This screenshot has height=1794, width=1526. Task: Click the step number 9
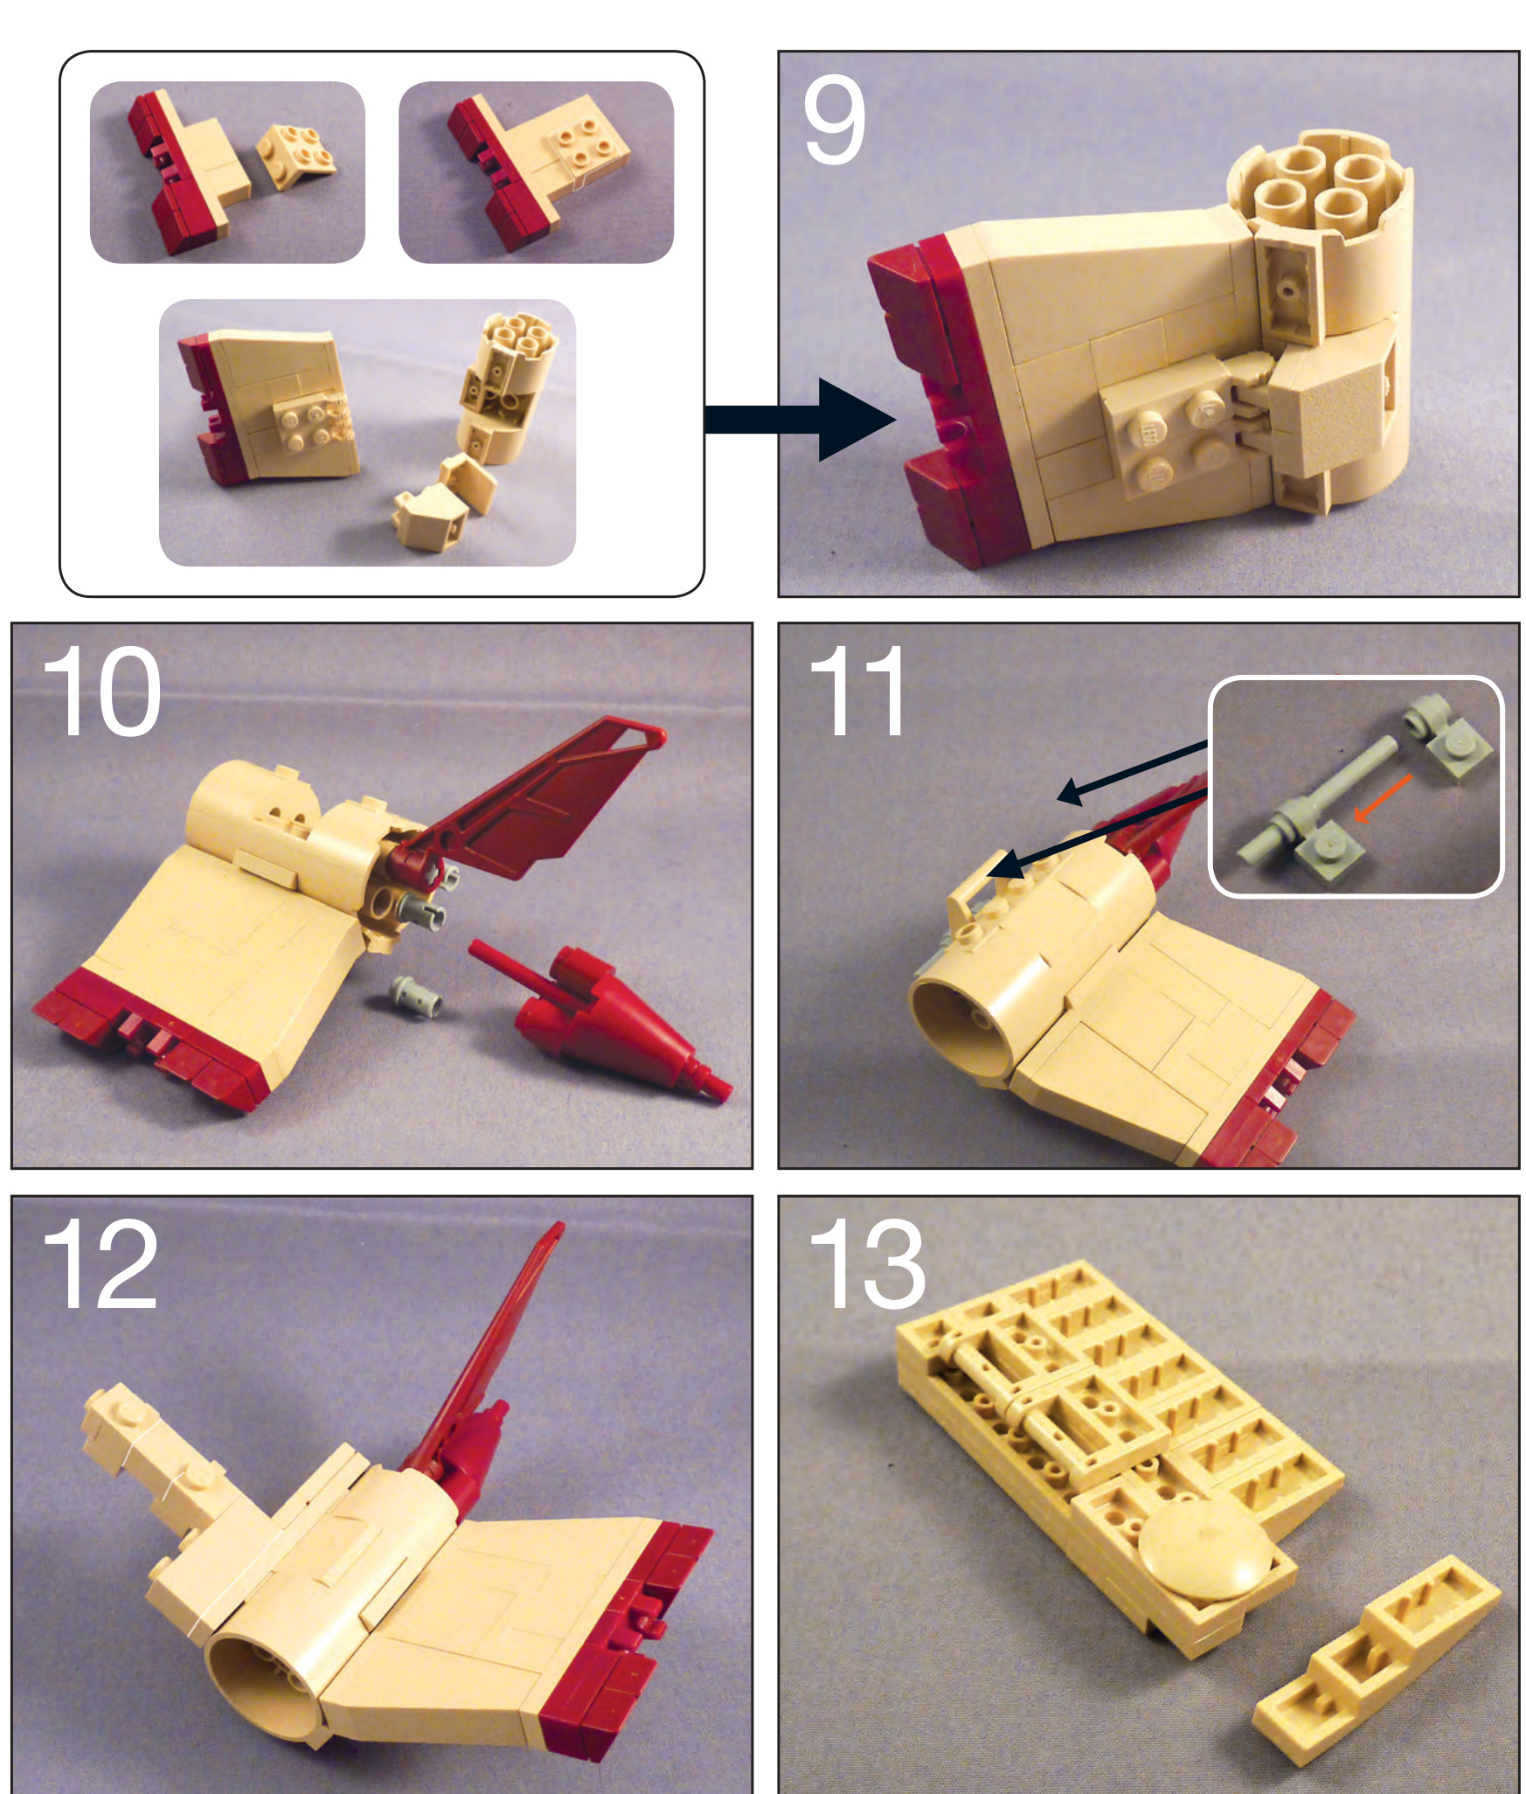point(835,120)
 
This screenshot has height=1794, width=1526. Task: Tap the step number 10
point(101,692)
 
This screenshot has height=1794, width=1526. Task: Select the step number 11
point(857,692)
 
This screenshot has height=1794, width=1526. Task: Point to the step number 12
point(100,1264)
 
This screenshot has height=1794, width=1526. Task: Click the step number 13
point(866,1264)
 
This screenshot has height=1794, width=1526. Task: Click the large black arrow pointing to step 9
point(799,420)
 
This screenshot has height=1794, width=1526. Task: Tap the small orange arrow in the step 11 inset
point(1381,798)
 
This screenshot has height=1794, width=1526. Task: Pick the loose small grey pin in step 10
point(413,995)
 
